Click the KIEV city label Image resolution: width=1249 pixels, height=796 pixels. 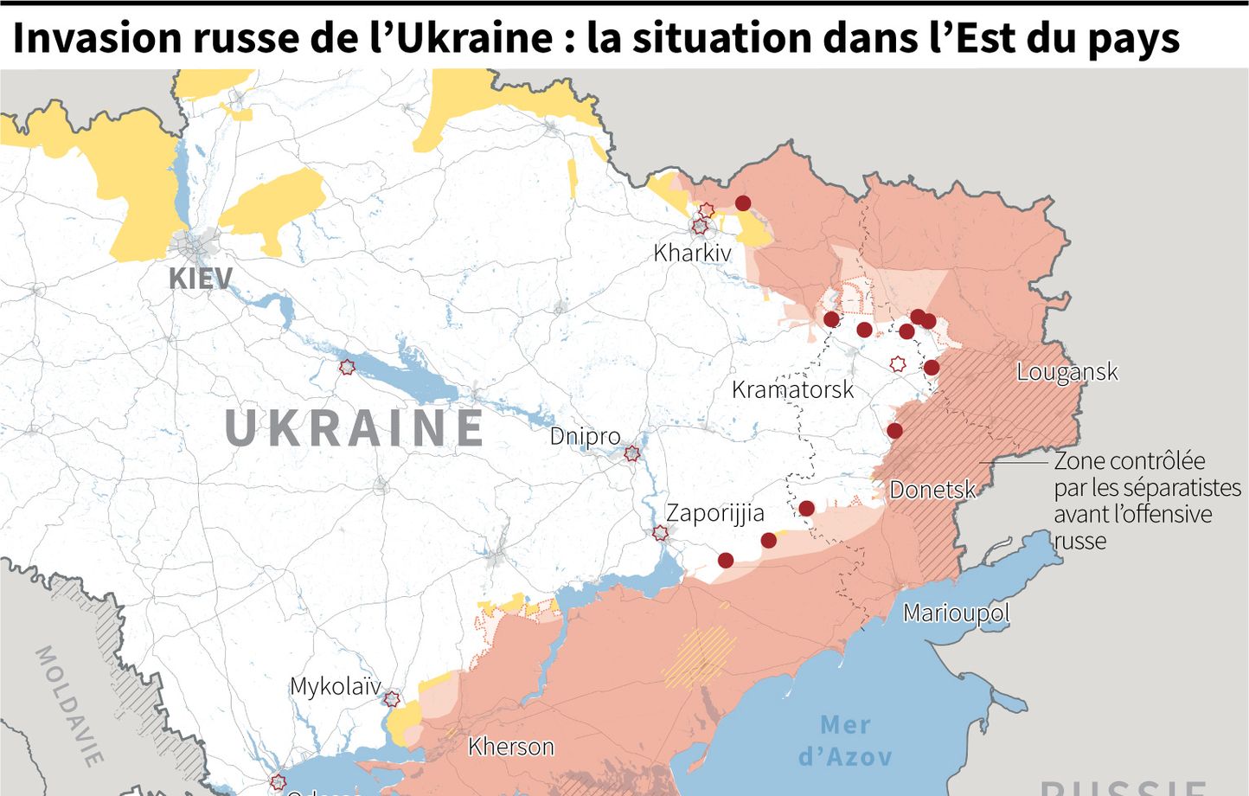pyautogui.click(x=201, y=279)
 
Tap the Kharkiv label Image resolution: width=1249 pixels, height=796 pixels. pyautogui.click(x=692, y=253)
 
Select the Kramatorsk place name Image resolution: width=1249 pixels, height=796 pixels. pyautogui.click(x=792, y=389)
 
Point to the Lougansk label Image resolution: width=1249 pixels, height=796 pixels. pyautogui.click(x=1066, y=372)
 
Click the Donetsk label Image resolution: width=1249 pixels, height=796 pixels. pyautogui.click(x=932, y=490)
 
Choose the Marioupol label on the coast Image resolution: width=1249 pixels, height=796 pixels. pyautogui.click(x=956, y=613)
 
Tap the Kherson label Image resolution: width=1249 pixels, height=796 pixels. pyautogui.click(x=510, y=746)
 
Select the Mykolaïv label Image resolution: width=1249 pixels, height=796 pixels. pyautogui.click(x=335, y=686)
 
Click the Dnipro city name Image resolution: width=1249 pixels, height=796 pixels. pyautogui.click(x=585, y=435)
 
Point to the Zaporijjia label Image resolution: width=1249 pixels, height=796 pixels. pyautogui.click(x=714, y=513)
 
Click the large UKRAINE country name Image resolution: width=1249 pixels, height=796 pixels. pyautogui.click(x=355, y=428)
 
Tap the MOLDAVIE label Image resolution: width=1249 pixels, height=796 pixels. pyautogui.click(x=69, y=706)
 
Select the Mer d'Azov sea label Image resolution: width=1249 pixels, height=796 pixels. pyautogui.click(x=845, y=740)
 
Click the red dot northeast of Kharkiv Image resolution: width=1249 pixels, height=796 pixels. pyautogui.click(x=743, y=203)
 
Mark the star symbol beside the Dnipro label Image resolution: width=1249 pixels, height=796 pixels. pyautogui.click(x=632, y=453)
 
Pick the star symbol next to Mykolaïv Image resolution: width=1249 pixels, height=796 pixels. pyautogui.click(x=392, y=698)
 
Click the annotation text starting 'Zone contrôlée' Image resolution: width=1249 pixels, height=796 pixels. pyautogui.click(x=1146, y=500)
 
